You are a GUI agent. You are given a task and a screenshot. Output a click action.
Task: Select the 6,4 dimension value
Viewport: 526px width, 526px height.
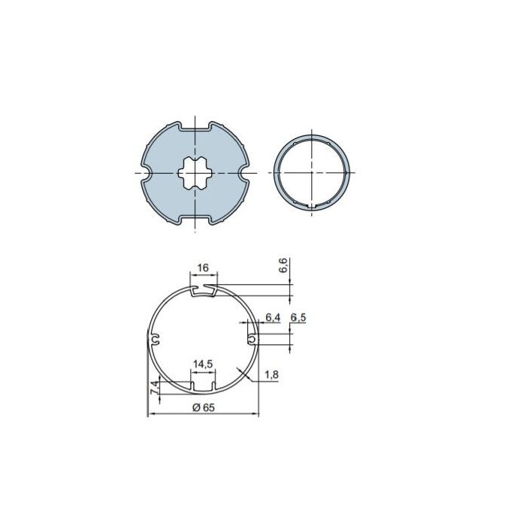[272, 318]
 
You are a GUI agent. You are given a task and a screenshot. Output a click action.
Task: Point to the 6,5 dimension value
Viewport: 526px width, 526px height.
[298, 318]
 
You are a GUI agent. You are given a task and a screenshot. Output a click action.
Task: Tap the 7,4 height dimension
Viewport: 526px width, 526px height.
[154, 388]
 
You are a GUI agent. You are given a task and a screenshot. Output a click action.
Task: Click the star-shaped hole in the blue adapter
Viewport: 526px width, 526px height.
[195, 174]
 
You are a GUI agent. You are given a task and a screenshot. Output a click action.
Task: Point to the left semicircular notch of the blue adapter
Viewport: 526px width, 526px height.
[146, 174]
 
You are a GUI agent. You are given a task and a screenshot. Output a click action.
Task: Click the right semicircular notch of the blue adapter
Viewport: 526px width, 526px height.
[245, 174]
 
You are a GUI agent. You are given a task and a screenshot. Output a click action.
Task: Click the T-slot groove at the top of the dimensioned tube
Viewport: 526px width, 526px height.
[204, 289]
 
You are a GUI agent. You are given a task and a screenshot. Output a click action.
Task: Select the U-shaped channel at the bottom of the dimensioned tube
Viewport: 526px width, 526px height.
[202, 387]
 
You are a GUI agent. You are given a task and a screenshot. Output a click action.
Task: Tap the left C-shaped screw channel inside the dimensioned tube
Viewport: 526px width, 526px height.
[155, 340]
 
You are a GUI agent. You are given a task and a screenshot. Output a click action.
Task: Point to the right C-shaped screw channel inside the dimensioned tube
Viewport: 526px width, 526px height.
[252, 340]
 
